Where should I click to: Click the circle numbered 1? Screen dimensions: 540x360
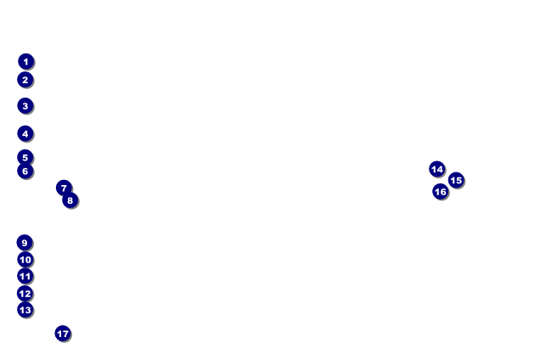click(x=25, y=62)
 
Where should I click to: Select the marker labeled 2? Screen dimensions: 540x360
click(x=25, y=80)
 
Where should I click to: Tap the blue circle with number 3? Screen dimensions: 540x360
click(x=25, y=106)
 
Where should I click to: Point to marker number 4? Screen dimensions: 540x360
click(x=25, y=133)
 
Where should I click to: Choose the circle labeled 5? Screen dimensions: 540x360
click(x=25, y=157)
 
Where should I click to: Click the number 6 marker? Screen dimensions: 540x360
click(x=25, y=171)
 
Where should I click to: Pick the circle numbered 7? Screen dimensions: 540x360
click(x=64, y=188)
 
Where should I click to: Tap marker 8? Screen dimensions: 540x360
click(x=70, y=200)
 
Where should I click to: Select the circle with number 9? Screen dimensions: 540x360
click(x=25, y=243)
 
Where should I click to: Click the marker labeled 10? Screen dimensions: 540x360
click(x=25, y=260)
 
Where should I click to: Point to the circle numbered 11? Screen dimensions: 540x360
click(x=25, y=276)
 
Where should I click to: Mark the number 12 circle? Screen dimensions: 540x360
click(x=25, y=294)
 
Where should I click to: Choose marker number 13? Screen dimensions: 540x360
click(x=25, y=310)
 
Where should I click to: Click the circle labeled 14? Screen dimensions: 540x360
click(x=437, y=169)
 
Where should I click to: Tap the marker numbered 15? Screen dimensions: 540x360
click(x=456, y=180)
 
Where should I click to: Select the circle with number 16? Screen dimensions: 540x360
click(x=441, y=192)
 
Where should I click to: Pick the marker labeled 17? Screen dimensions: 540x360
click(x=63, y=334)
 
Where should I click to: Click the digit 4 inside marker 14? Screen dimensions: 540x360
click(x=440, y=169)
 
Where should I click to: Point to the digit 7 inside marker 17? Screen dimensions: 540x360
click(x=65, y=334)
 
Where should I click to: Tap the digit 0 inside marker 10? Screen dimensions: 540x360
click(x=28, y=260)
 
